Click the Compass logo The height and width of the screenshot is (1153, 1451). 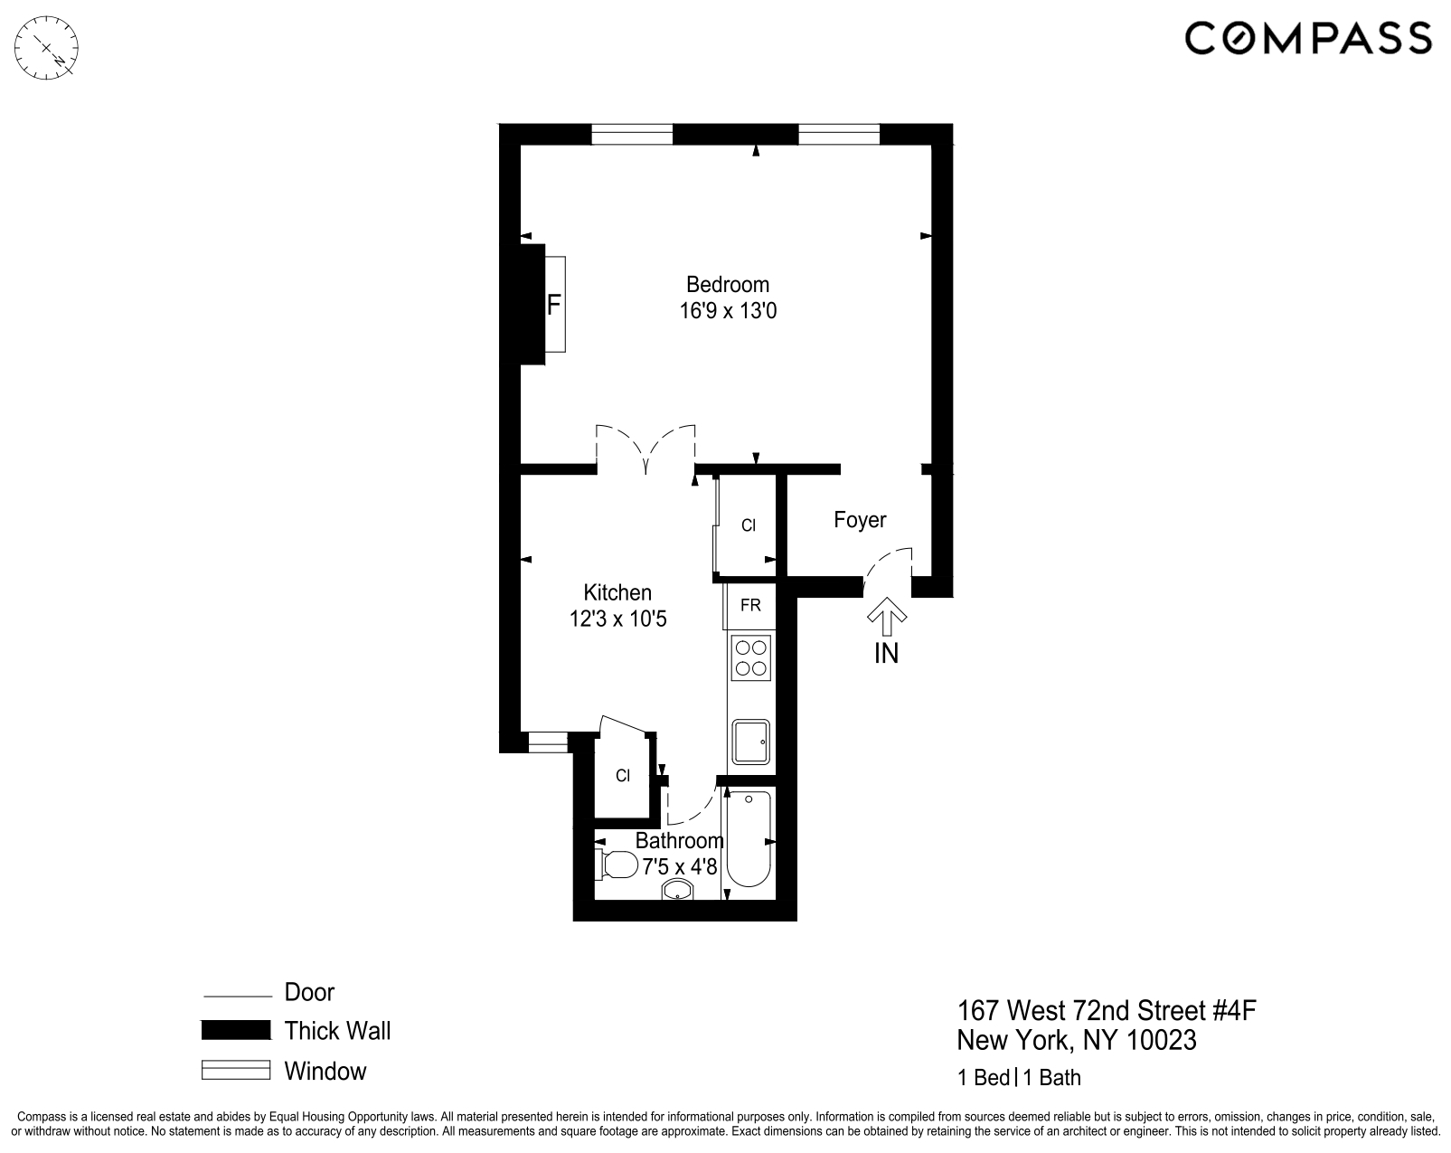(x=1307, y=39)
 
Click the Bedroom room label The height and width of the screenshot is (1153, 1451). (x=727, y=284)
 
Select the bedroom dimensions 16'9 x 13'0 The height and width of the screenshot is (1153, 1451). (x=728, y=312)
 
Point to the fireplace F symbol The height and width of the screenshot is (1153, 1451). (x=553, y=305)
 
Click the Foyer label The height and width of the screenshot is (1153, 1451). (x=860, y=520)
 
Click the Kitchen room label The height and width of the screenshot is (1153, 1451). (x=617, y=592)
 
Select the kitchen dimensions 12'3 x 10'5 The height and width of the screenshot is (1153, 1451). (x=617, y=619)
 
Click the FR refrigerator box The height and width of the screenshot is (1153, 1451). (x=749, y=605)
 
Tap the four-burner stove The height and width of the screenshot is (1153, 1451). (x=750, y=657)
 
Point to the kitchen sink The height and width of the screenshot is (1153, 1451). (x=750, y=742)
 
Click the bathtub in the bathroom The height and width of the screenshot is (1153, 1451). (x=749, y=838)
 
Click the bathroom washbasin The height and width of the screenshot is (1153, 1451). (x=677, y=891)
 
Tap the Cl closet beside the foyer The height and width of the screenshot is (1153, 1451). (x=749, y=525)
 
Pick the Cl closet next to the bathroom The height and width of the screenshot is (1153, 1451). (x=622, y=776)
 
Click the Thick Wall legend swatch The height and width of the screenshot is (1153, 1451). (x=236, y=1030)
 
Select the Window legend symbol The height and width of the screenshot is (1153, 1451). (x=236, y=1071)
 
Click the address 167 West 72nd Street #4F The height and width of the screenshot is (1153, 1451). (x=1107, y=1009)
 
